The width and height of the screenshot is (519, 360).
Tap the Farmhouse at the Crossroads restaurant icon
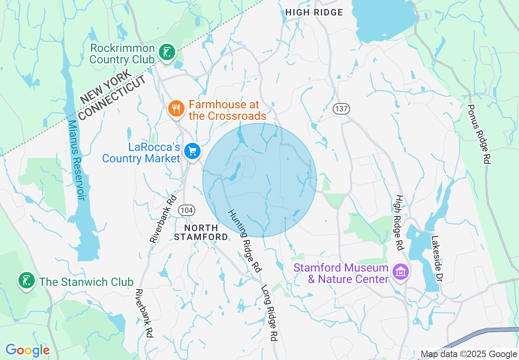[x=176, y=109]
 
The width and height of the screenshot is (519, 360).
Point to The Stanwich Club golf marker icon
[x=26, y=281]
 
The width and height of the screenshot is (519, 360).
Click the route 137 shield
[x=341, y=109]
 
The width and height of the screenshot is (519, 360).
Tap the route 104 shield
[x=187, y=210]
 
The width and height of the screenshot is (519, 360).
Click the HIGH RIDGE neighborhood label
[x=314, y=13]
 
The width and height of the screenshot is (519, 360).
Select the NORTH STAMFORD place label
[x=201, y=232]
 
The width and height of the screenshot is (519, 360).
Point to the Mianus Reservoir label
[x=76, y=160]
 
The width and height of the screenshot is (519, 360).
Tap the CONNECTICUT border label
[x=113, y=98]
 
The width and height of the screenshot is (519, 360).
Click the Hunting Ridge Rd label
[x=244, y=241]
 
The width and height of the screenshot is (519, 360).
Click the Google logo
[x=27, y=350]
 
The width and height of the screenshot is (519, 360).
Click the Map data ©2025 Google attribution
[x=469, y=354]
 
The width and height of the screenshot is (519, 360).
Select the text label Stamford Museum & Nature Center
[x=341, y=274]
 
